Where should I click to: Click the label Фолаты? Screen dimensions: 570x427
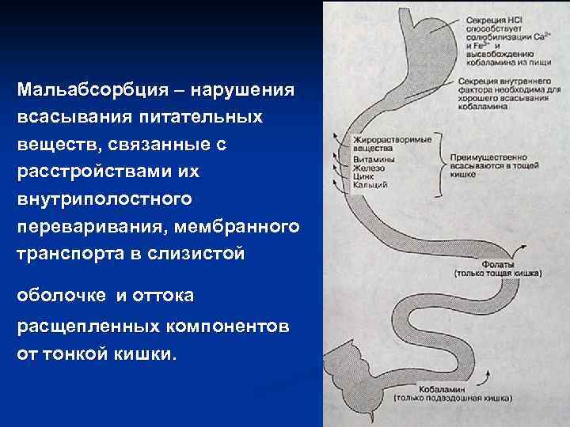[x=498, y=264]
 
